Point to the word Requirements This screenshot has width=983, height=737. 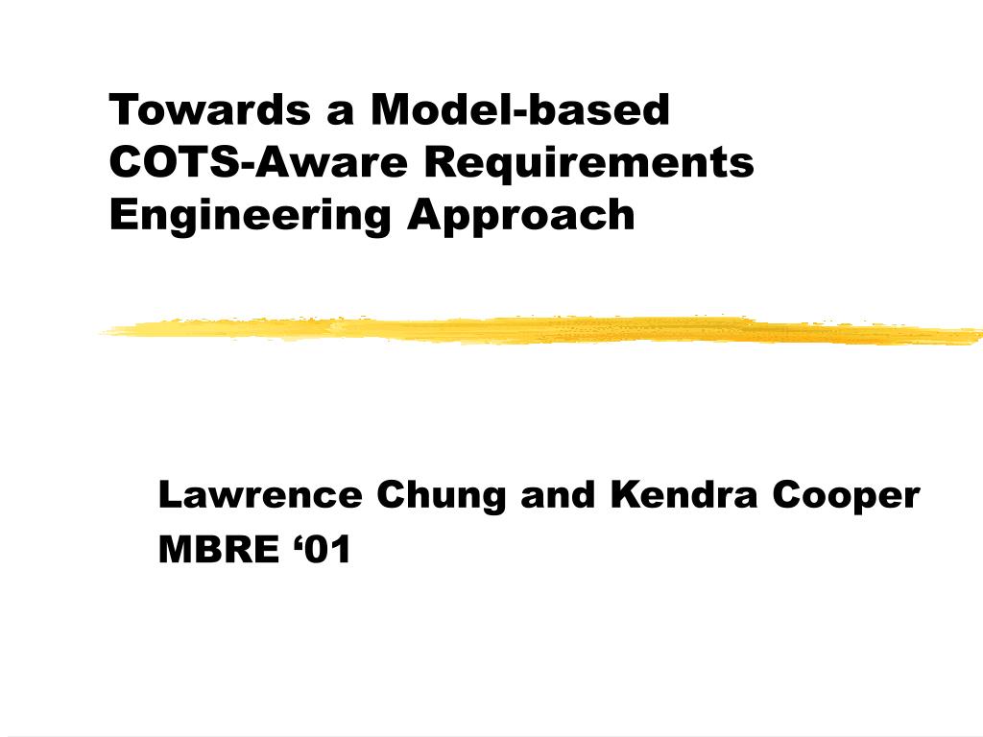pos(588,163)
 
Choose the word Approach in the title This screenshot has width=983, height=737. pos(521,215)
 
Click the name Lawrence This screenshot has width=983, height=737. pos(260,495)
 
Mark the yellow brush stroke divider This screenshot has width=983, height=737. pos(538,329)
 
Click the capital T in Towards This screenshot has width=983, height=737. pos(121,110)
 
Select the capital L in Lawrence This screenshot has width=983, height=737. pos(169,495)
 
